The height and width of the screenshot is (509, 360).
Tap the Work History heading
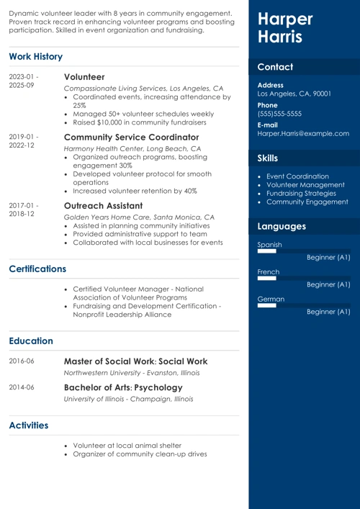[36, 56]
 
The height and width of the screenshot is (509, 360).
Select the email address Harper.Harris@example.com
[303, 133]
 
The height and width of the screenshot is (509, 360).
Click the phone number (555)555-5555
[279, 114]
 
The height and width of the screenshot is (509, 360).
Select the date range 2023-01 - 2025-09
[24, 81]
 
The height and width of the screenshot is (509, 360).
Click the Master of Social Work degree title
[135, 361]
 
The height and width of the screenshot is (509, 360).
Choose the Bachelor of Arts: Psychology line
[123, 387]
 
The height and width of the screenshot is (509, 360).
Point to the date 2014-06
[22, 387]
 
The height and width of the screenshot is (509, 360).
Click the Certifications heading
[37, 269]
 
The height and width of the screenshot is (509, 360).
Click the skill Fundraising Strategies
[301, 193]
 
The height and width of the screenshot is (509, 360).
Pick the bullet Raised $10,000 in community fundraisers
[139, 123]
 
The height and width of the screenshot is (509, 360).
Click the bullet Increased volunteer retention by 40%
[135, 191]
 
